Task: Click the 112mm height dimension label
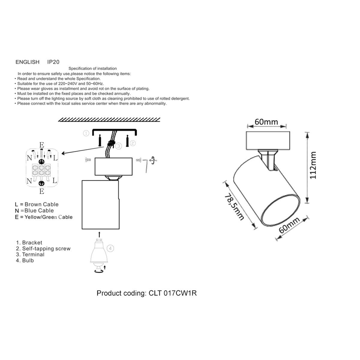coord(313,165)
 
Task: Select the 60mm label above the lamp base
coord(266,122)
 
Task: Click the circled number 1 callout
coord(86,133)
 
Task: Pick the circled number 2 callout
coord(133,143)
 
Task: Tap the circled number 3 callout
coord(119,146)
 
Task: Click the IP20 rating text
coord(53,62)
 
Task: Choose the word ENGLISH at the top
coord(27,62)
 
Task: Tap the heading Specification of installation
coord(92,69)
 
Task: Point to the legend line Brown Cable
coord(37,204)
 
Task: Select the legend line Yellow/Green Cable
coord(44,217)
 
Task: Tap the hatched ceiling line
coord(109,120)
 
